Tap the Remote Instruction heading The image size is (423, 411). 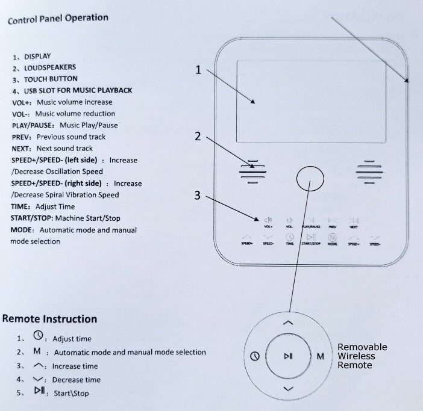click(50, 319)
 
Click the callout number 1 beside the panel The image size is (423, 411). click(198, 70)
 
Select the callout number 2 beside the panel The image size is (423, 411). click(198, 136)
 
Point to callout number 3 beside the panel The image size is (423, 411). click(198, 195)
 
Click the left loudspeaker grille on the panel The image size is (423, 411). click(252, 171)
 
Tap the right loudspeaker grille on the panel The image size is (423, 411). click(369, 171)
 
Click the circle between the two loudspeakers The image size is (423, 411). click(311, 178)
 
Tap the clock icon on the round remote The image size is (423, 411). click(254, 356)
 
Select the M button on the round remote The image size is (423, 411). click(321, 356)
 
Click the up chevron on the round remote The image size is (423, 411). click(288, 323)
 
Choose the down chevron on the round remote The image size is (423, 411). click(288, 389)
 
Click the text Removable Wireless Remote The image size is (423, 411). click(362, 356)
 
